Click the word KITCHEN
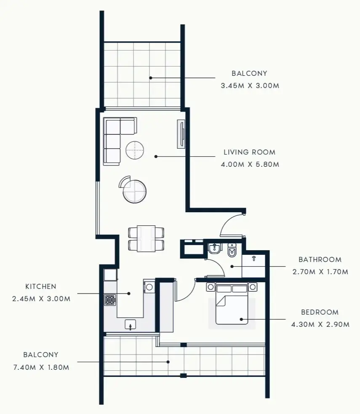pos(40,286)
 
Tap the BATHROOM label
pos(320,259)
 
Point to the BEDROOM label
pos(320,312)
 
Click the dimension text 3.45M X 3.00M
pos(250,85)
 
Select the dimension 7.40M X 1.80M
pos(41,367)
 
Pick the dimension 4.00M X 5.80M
pos(250,164)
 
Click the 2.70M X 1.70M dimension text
pos(320,272)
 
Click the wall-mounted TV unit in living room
pos(181,134)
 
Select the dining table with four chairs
pos(146,238)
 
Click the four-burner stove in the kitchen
pos(110,300)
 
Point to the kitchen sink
pos(130,324)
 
